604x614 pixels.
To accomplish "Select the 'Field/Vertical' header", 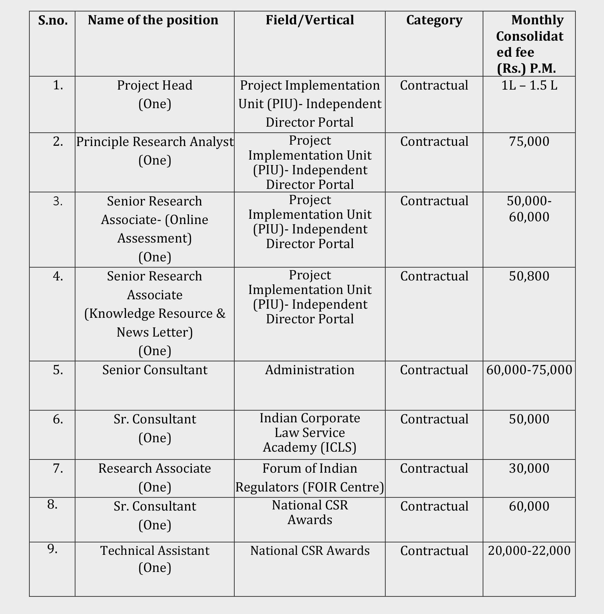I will (x=310, y=20).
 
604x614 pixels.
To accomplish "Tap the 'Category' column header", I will (x=434, y=20).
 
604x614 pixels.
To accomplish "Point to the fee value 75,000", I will (x=529, y=142).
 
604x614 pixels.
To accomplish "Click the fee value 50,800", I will (x=529, y=276).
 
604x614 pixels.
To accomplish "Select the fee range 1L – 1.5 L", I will (x=529, y=85).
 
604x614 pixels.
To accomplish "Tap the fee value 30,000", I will (x=529, y=469).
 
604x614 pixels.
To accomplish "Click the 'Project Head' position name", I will (x=154, y=85).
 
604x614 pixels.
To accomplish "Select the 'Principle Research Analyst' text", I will (x=155, y=142).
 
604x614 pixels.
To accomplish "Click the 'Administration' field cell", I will (x=310, y=370).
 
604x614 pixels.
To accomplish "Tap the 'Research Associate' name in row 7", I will (x=154, y=469).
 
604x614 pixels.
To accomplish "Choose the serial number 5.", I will (x=58, y=370).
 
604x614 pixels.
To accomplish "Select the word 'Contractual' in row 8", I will (x=434, y=506).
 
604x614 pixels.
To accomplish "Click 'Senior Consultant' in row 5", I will (x=154, y=370).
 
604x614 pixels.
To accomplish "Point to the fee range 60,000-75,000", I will (x=529, y=370).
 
